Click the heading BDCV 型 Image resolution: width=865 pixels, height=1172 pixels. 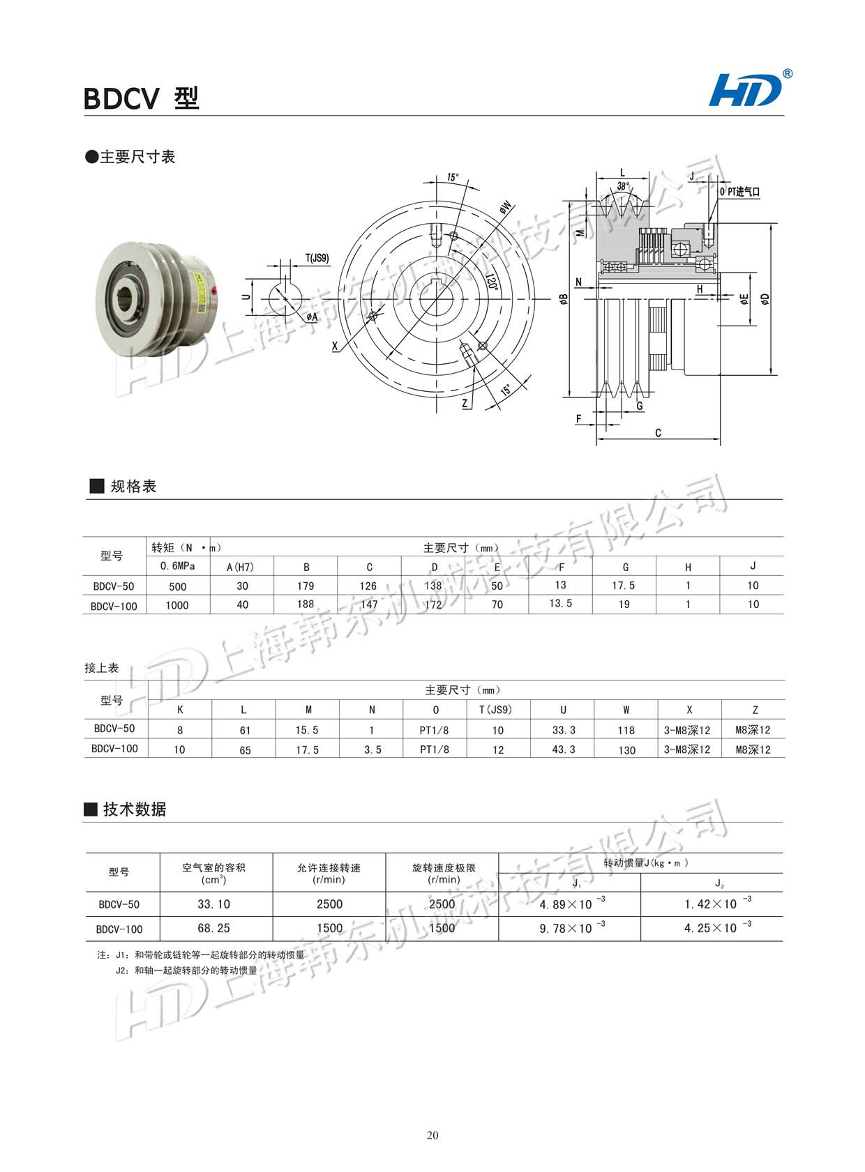click(142, 98)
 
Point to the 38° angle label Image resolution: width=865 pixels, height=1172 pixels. click(623, 187)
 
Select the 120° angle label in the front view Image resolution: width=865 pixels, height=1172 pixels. click(491, 282)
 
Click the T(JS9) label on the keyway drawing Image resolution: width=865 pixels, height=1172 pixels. click(317, 258)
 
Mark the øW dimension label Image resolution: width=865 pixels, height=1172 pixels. click(505, 207)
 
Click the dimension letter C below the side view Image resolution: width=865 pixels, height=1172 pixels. click(658, 433)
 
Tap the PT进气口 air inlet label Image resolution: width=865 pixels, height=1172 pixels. click(740, 192)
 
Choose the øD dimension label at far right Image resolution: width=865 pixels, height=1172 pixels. click(766, 298)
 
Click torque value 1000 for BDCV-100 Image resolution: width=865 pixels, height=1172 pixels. click(177, 605)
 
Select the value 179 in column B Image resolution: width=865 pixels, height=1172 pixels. click(306, 586)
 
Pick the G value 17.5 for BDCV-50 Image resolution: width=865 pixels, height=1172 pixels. click(624, 586)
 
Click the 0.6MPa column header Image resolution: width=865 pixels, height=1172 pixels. click(177, 566)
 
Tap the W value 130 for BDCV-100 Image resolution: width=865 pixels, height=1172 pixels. click(626, 750)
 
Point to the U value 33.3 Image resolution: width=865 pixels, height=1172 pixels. click(564, 730)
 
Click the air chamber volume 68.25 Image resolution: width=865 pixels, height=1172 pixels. click(214, 928)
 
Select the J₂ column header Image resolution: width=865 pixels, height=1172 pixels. click(719, 883)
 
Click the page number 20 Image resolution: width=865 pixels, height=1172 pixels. click(433, 1136)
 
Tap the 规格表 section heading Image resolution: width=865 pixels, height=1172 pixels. click(133, 487)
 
